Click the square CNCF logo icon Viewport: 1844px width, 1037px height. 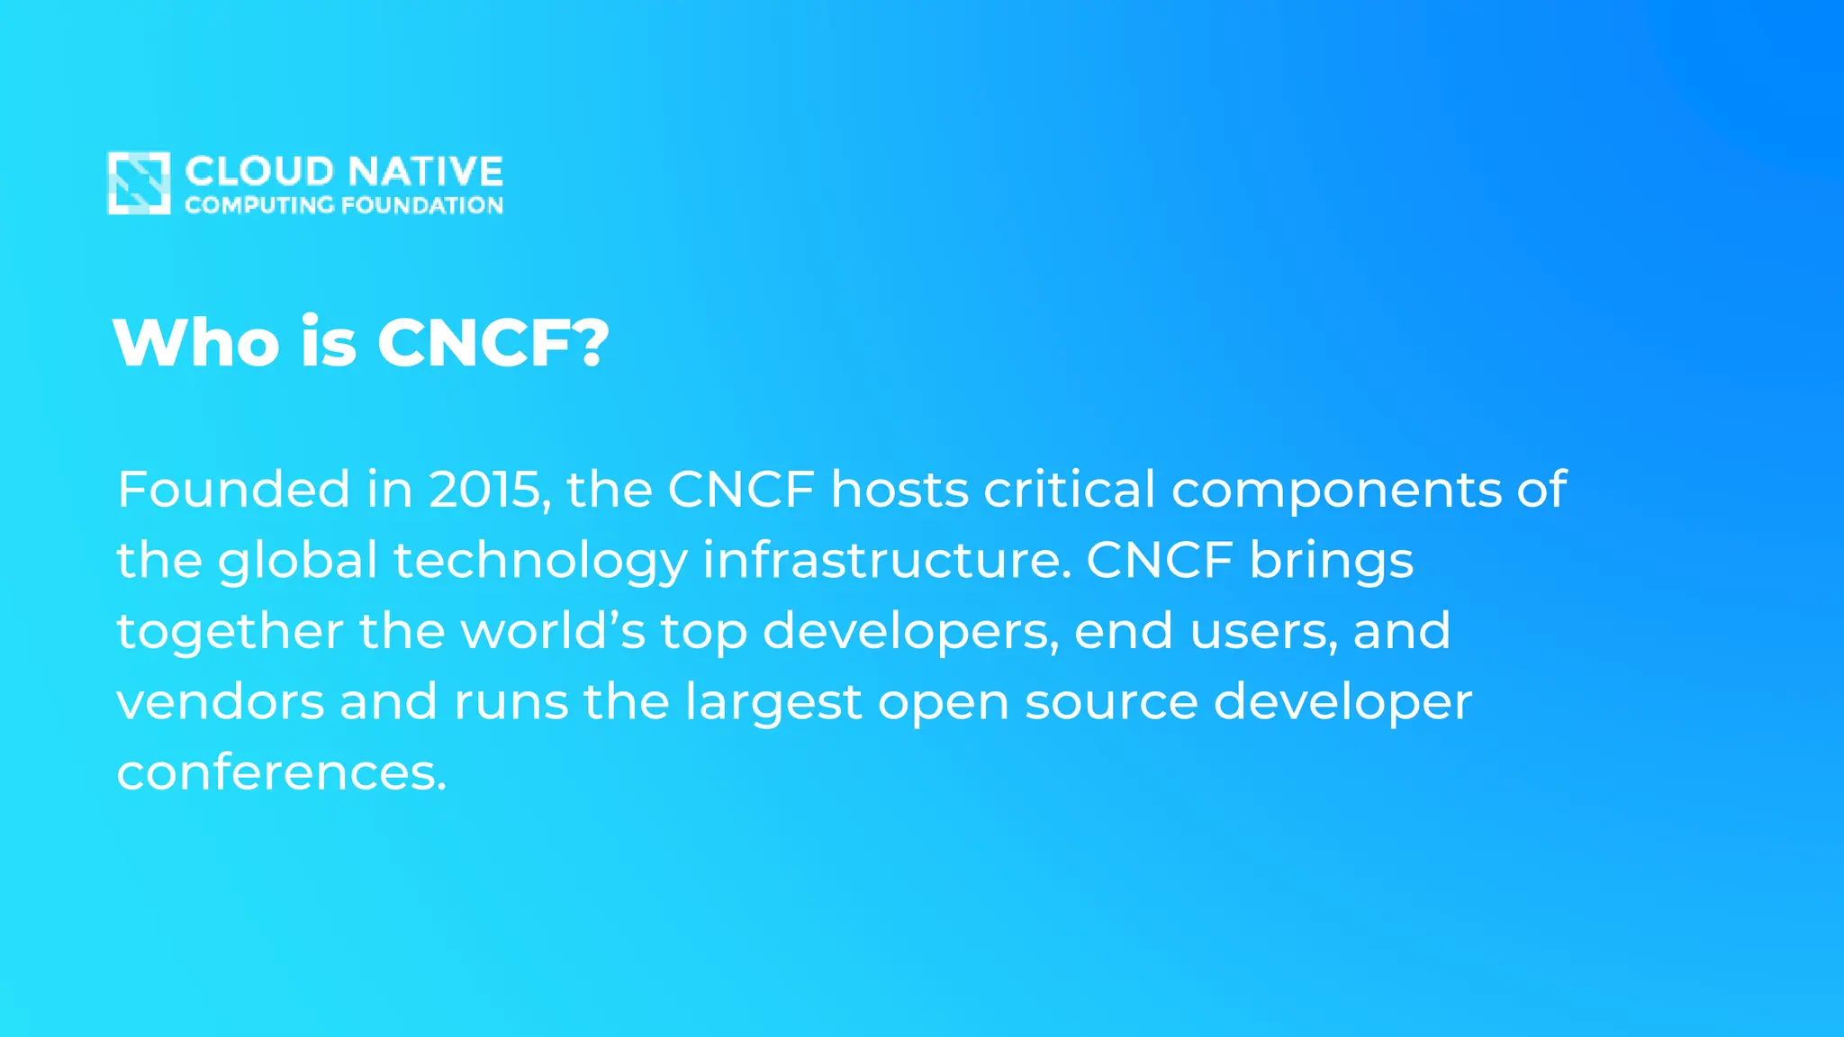tap(139, 183)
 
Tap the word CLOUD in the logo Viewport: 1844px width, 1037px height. tap(259, 171)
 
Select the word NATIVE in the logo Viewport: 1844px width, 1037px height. tap(425, 171)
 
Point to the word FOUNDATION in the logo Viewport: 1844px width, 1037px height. tap(422, 205)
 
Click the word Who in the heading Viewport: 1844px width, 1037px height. tap(196, 343)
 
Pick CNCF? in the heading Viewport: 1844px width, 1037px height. tap(493, 343)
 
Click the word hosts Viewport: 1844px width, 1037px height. tap(899, 490)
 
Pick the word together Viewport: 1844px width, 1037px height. tap(230, 631)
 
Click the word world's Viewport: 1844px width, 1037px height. tap(553, 631)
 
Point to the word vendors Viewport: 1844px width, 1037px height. tap(221, 701)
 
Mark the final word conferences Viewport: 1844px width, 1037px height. tap(281, 772)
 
